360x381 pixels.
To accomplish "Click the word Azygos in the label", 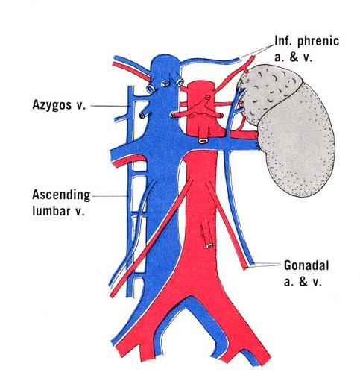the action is pos(51,105).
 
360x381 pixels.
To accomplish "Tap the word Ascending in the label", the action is pos(61,195).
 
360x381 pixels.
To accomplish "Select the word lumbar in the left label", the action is pos(51,211).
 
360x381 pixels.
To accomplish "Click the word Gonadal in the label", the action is pos(306,265).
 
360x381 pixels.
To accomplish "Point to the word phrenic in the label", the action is pos(318,41).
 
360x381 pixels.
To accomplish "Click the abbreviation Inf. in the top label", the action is pos(284,40).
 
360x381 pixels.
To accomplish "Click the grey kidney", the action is pos(297,142).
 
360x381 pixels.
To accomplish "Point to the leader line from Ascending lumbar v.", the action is pos(110,196).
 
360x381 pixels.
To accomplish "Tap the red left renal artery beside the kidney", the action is pos(244,135).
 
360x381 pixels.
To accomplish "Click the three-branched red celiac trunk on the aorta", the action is pos(203,108).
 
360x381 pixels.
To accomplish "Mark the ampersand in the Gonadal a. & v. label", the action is pos(303,282).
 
